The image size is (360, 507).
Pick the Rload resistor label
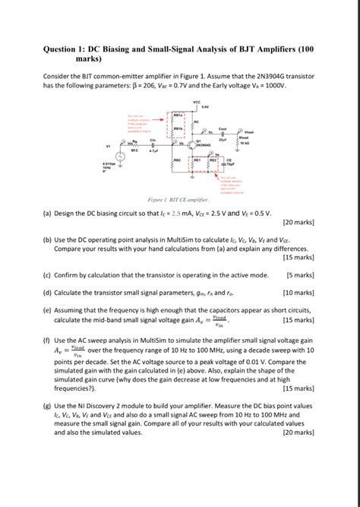243,137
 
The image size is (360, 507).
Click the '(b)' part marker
48,239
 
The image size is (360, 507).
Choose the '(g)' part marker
48,407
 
